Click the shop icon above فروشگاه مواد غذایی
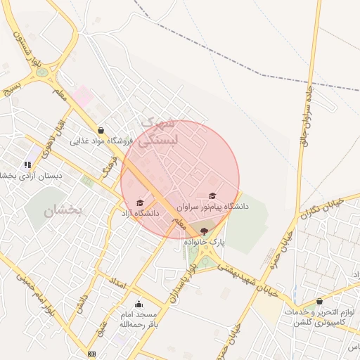coord(101,130)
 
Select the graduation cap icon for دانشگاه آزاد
coord(140,202)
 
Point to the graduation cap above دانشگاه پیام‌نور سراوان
coord(213,196)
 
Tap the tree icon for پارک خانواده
coord(205,231)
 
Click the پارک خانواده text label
coord(205,241)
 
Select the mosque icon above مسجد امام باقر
coord(138,304)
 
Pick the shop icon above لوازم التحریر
coord(319,301)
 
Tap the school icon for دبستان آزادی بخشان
coord(27,165)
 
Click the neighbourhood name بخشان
coord(63,210)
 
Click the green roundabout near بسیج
coord(43,72)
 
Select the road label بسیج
coord(13,88)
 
